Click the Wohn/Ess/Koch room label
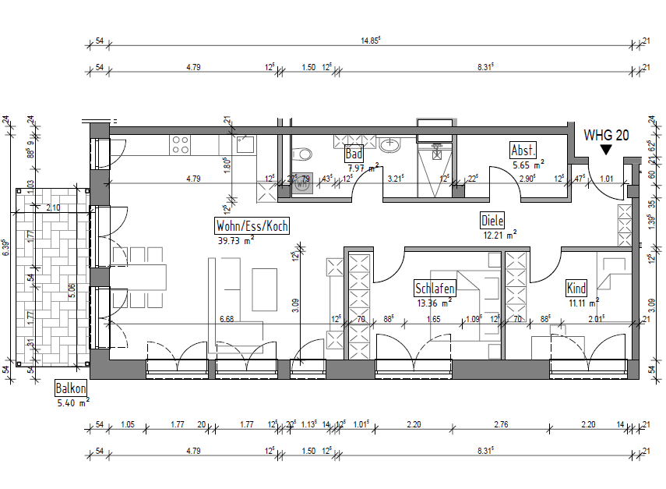coord(252,226)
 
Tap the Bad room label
coord(354,154)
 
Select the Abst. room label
coord(523,151)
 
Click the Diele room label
coord(493,221)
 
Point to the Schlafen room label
coord(435,289)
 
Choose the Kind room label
coord(576,289)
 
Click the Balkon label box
coord(71,388)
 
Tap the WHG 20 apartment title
coord(606,135)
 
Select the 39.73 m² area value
coord(236,241)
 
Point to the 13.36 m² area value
coord(433,303)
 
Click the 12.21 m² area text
coord(499,234)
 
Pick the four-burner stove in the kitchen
coord(181,144)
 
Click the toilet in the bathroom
coord(302,153)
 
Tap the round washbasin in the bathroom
coord(392,144)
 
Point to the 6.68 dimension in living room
coord(227,319)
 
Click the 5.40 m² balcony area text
coord(73,403)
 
